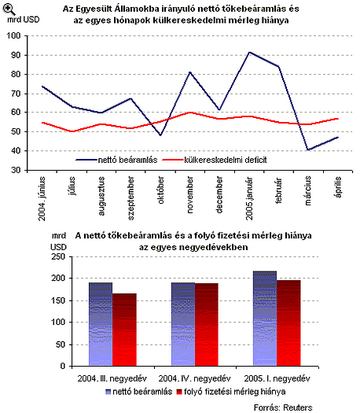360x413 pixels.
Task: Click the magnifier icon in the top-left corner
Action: (x=9, y=9)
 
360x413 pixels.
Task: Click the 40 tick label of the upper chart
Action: (x=16, y=151)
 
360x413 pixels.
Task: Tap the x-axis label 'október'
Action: (x=161, y=190)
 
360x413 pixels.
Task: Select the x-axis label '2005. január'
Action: (x=249, y=198)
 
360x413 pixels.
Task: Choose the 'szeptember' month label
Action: (x=131, y=198)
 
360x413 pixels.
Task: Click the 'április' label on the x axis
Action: (x=338, y=187)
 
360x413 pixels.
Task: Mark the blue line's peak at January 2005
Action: (x=249, y=52)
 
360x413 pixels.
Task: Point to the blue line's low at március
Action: (x=308, y=150)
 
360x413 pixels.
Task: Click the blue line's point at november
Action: (x=190, y=72)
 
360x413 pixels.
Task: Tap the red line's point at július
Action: (x=72, y=131)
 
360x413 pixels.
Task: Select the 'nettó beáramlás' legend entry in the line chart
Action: (x=116, y=160)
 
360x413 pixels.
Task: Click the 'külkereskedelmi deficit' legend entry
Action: (x=215, y=160)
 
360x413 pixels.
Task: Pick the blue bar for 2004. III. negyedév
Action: (x=101, y=324)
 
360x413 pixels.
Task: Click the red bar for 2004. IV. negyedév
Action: (x=207, y=324)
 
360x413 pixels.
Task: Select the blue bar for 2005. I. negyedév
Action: (x=265, y=319)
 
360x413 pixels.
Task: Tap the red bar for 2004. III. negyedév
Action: (x=124, y=330)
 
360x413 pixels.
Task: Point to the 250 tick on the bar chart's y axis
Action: (x=58, y=256)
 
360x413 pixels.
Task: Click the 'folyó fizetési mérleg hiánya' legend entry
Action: (x=231, y=392)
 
